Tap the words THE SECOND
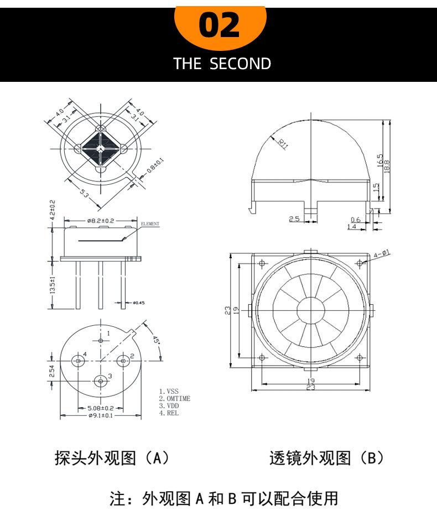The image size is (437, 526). pos(222,64)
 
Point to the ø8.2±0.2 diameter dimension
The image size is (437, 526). pos(100,221)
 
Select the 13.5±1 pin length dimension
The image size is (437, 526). pos(53,285)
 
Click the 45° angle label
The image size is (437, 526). pos(155,338)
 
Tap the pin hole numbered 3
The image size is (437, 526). pos(101,381)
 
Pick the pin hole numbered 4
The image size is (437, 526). pos(79,361)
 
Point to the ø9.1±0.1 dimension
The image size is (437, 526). pos(100,416)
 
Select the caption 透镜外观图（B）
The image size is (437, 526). pos(326,459)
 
